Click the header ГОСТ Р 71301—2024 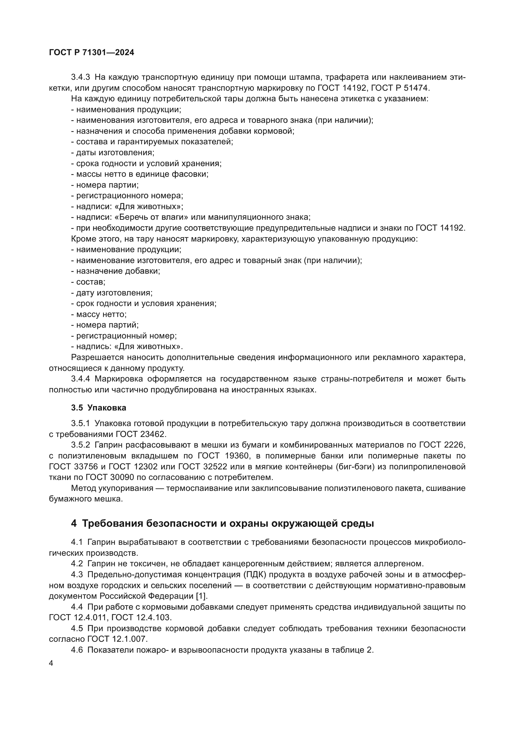(92, 53)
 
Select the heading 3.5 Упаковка (99, 408)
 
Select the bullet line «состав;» (88, 282)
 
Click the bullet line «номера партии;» (105, 185)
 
